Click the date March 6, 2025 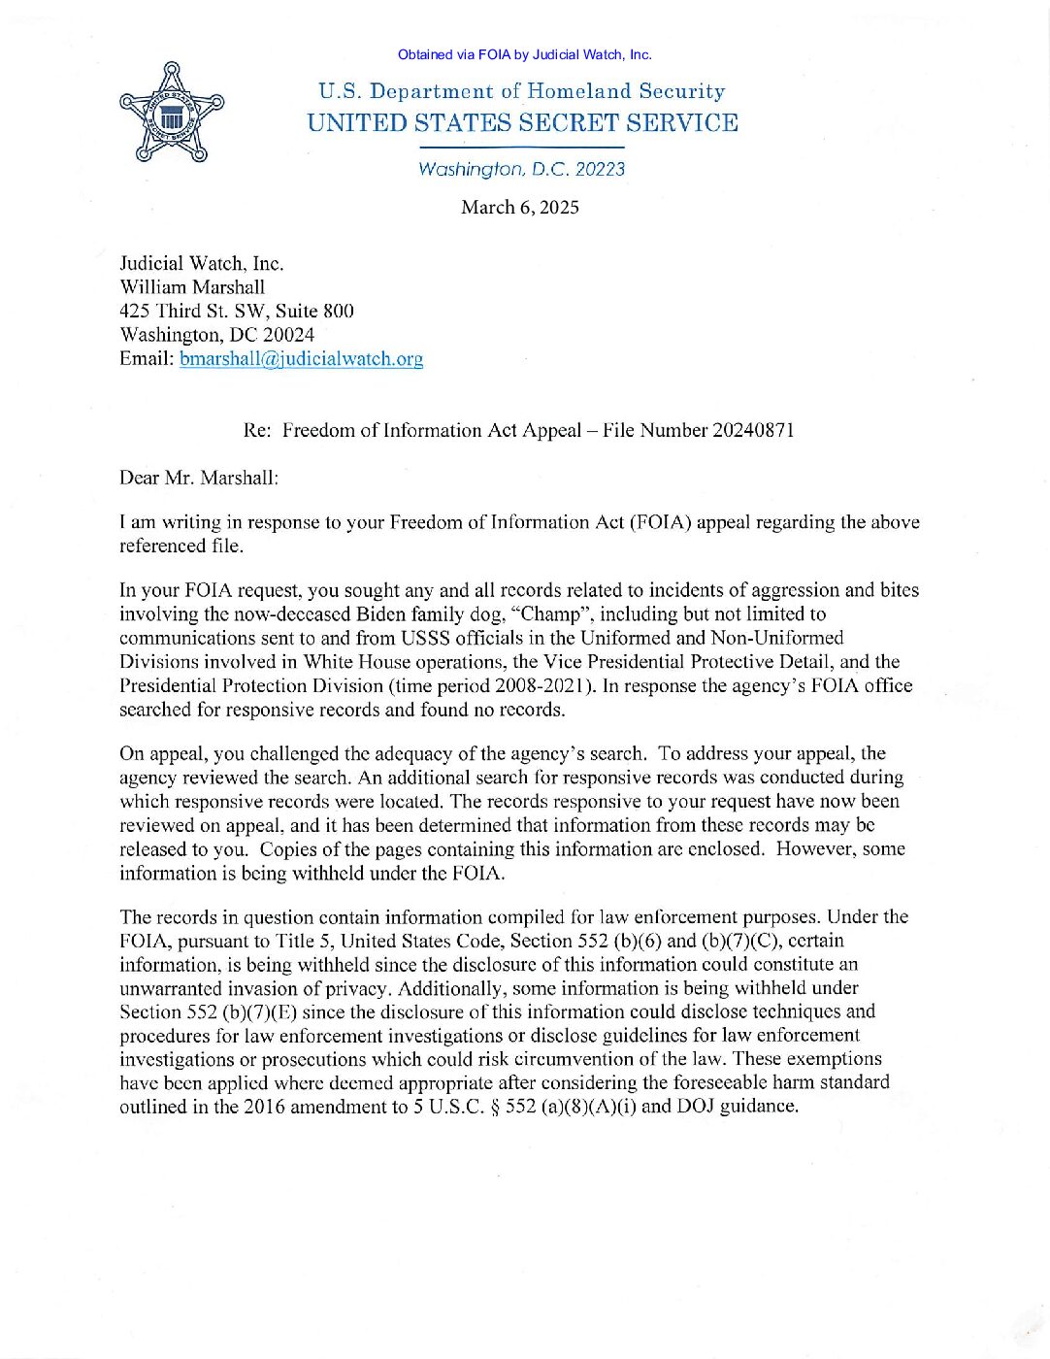coord(519,207)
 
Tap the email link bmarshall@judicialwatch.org coord(301,358)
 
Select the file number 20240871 coord(753,430)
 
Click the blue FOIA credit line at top coord(524,55)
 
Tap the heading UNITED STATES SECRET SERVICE coord(522,123)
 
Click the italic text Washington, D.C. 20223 coord(521,169)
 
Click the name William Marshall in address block coord(192,287)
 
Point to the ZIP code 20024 coord(288,335)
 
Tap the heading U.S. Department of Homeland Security coord(521,91)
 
